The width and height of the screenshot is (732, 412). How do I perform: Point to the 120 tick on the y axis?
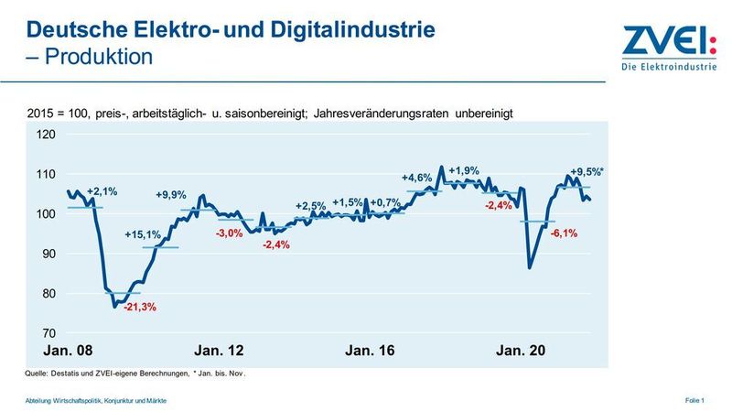[x=46, y=135]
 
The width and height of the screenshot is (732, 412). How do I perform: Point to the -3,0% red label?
[x=229, y=234]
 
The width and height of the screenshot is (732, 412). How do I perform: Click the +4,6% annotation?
[x=418, y=178]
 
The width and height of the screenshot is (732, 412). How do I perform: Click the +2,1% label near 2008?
[x=103, y=191]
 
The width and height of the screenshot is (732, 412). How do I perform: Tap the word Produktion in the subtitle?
[x=95, y=57]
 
